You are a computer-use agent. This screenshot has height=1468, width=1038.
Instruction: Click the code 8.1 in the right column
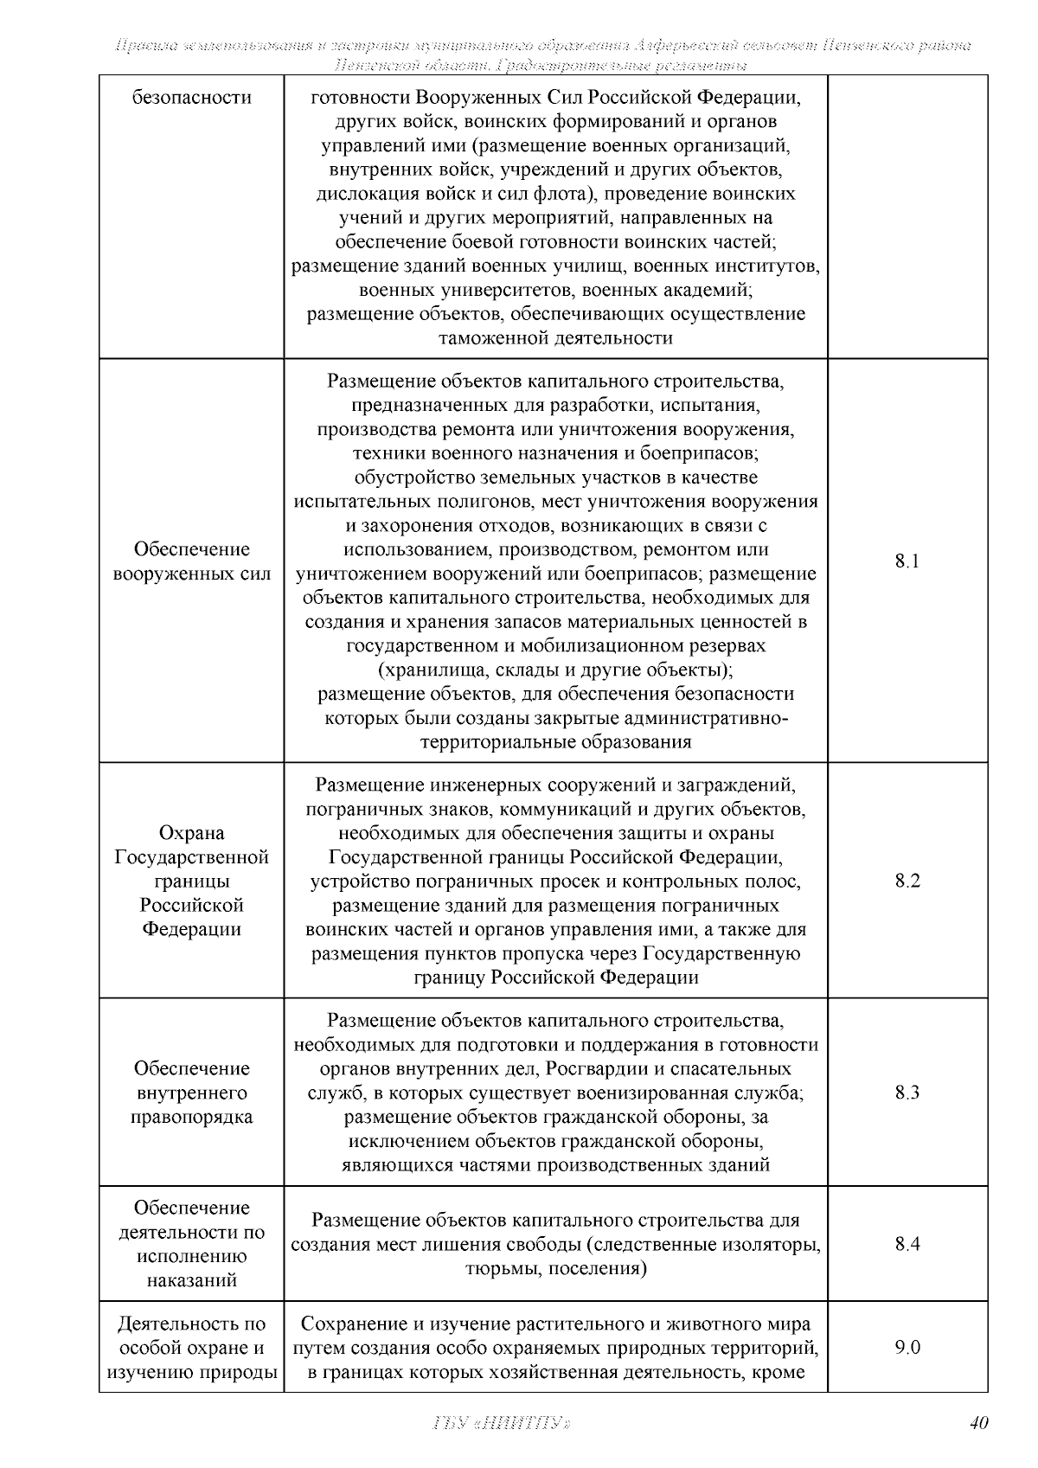907,561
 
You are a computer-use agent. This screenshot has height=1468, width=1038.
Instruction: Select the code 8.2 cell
907,881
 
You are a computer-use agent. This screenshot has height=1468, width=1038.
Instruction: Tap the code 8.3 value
907,1093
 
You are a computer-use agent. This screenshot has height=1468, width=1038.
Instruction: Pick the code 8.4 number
907,1244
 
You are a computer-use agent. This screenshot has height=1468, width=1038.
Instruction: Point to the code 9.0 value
907,1347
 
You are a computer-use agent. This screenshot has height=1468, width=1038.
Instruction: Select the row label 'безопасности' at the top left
191,98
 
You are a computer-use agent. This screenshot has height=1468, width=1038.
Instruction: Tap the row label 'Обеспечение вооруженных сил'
191,561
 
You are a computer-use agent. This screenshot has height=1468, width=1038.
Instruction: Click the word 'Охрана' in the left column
191,833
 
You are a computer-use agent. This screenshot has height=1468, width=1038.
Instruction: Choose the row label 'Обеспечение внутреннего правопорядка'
191,1093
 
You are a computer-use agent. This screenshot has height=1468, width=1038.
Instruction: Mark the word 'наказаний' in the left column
191,1280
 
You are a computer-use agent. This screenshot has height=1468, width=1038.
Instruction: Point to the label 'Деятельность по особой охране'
191,1336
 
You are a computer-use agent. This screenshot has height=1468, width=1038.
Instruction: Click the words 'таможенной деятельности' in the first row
555,338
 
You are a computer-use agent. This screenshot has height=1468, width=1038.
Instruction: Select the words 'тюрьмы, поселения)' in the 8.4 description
555,1268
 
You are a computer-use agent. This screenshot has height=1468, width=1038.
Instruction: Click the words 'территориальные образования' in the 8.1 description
555,741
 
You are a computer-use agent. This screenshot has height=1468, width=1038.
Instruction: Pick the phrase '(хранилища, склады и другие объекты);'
555,670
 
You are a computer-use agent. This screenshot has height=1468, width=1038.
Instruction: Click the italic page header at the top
543,54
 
